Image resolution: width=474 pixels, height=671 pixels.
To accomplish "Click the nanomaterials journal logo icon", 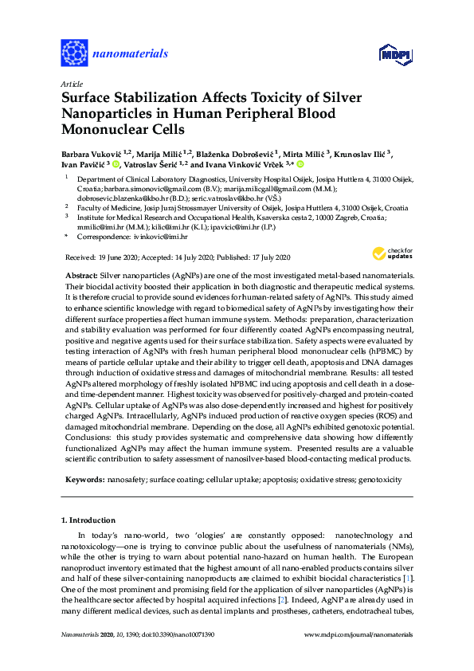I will pos(74,53).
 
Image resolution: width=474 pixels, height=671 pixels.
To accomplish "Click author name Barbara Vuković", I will pos(96,153).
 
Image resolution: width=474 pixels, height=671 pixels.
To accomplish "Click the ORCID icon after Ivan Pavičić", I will pos(115,165).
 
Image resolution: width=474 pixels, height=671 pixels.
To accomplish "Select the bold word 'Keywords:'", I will pos(83,481).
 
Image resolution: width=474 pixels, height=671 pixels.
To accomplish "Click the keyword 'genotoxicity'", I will pos(381,481).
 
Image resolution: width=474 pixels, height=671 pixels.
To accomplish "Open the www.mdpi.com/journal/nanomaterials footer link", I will pos(359,634).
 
